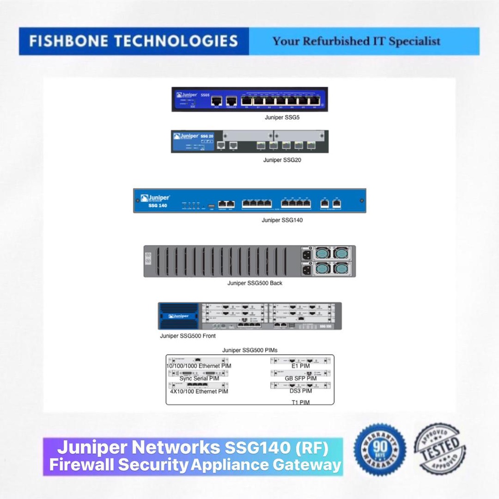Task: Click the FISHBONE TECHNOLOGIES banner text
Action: tap(133, 41)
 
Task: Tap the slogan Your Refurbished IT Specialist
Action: tap(356, 41)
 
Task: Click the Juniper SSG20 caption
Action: tap(282, 160)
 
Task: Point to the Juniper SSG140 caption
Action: tap(282, 220)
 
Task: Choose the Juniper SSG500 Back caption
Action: tap(255, 283)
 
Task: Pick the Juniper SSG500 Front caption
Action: tap(188, 336)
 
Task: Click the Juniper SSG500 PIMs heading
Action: tap(250, 350)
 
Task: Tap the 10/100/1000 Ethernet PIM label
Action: tap(199, 366)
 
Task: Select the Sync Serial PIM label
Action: tap(199, 379)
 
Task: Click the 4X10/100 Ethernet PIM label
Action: tap(199, 391)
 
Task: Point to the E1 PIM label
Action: tap(301, 366)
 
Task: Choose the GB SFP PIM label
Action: tap(301, 379)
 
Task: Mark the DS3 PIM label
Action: tap(301, 391)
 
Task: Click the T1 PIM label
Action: tap(301, 402)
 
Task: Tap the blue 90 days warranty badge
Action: tap(380, 449)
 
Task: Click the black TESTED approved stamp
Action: tap(440, 449)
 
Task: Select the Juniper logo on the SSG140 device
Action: tap(155, 198)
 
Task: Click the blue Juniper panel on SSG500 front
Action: tap(178, 316)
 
